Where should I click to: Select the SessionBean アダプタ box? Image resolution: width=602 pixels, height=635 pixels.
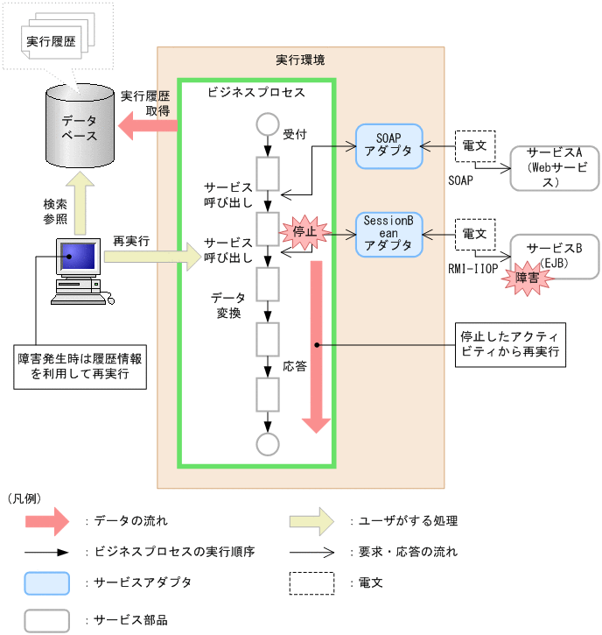coord(388,234)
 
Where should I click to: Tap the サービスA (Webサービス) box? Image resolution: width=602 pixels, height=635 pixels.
coord(555,168)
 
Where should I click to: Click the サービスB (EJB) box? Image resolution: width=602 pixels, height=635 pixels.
coord(555,256)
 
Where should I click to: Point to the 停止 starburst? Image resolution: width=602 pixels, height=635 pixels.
coord(304,232)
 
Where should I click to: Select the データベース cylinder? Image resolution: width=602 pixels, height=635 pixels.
coord(80,128)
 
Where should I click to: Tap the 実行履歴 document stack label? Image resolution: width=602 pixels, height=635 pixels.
coord(50,41)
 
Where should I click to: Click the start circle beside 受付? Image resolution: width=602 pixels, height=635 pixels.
coord(267,123)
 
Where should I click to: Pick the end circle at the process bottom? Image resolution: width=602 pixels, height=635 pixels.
coord(267,443)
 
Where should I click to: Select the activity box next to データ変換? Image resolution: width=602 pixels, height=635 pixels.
coord(267,284)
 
